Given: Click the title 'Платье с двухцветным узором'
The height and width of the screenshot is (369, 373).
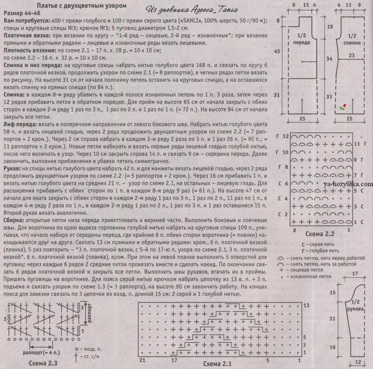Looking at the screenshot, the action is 82,6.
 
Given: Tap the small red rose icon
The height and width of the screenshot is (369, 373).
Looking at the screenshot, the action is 343,107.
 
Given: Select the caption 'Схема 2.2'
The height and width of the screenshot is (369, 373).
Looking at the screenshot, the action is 320,234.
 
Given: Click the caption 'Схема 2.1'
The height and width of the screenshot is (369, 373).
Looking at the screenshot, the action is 217,364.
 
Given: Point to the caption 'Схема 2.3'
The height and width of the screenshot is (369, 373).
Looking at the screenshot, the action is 43,363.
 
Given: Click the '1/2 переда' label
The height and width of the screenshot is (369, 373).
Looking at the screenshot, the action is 301,39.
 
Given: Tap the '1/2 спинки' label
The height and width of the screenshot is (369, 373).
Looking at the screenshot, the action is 352,39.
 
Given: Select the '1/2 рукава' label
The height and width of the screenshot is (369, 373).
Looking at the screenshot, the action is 355,305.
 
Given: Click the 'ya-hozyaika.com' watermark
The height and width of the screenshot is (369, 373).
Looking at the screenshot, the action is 348,184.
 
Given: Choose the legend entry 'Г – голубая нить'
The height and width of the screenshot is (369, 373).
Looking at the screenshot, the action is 320,250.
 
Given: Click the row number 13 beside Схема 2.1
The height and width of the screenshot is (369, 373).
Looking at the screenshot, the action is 306,305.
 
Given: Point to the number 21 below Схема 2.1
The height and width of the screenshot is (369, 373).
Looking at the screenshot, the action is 142,360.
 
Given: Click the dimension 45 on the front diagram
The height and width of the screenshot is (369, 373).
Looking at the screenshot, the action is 277,51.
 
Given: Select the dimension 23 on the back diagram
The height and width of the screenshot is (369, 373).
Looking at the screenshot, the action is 352,56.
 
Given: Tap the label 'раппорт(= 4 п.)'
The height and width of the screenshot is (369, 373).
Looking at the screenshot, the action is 41,353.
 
